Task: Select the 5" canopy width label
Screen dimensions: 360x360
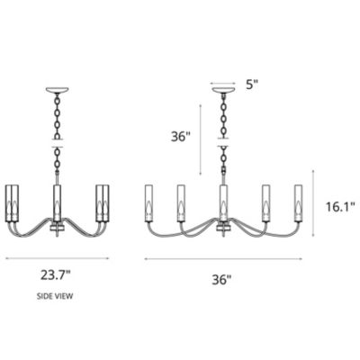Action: [x=253, y=86]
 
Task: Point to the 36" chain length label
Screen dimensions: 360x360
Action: [x=181, y=137]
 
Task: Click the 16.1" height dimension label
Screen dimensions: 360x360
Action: [x=341, y=206]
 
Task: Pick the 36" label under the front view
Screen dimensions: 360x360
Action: [x=221, y=279]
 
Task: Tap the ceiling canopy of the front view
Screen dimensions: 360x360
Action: [x=221, y=90]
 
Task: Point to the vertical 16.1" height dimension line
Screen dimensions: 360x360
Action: [x=313, y=204]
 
